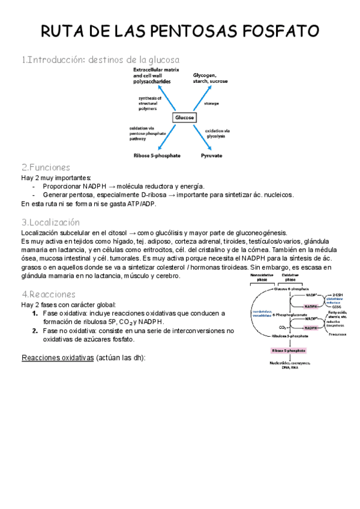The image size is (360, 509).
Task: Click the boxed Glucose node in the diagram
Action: pos(184,118)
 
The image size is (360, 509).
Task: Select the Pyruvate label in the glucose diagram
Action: pos(211,155)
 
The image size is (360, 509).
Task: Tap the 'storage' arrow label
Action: pos(211,103)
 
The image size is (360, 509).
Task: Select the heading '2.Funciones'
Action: pos(46,167)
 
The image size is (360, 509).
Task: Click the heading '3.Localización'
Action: pos(50,222)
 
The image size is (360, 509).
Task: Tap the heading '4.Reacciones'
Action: pos(49,294)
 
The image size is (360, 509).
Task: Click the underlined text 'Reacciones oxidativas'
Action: pos(57,358)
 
